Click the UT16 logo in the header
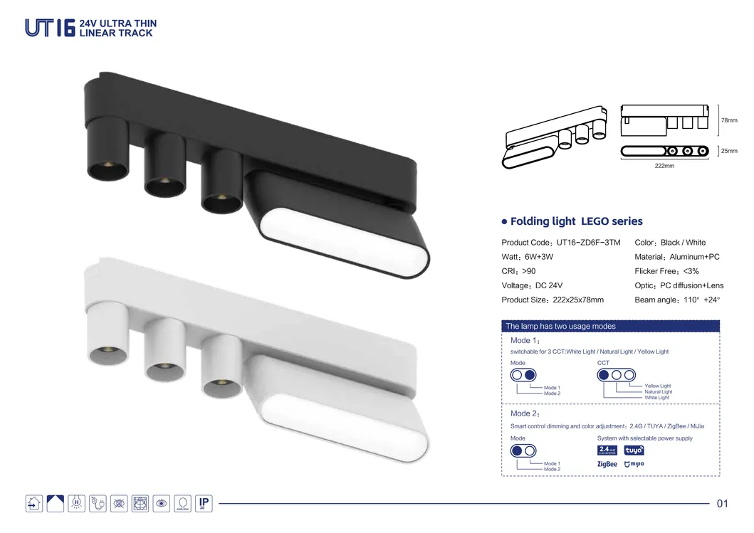click(50, 28)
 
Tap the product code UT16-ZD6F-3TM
click(588, 243)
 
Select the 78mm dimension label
click(729, 120)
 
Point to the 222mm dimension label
click(664, 166)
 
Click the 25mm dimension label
click(729, 151)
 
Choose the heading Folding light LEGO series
click(576, 221)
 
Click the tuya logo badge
click(634, 450)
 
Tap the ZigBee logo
click(607, 464)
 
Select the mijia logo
click(634, 464)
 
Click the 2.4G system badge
click(607, 450)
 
